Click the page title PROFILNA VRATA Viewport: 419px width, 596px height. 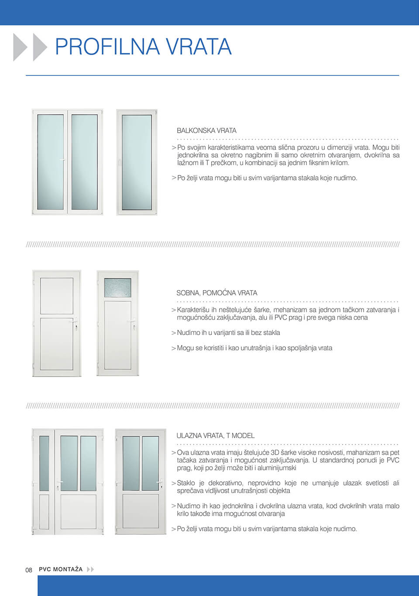143,47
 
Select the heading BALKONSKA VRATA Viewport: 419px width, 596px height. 206,130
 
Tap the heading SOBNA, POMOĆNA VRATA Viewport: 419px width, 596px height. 216,293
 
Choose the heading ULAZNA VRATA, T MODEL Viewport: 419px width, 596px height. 215,435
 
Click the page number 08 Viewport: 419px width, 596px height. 29,570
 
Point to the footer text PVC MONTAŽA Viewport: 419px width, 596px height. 61,569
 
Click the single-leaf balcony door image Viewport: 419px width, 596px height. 137,162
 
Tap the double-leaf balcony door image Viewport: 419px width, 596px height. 67,162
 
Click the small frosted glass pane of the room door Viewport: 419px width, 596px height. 117,288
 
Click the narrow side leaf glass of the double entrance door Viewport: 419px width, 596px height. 44,463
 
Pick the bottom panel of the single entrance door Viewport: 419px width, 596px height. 141,511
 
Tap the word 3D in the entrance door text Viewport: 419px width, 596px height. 275,452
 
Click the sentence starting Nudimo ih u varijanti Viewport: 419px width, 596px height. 228,332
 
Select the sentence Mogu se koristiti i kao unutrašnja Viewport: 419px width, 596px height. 254,348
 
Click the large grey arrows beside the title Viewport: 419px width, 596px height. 30,47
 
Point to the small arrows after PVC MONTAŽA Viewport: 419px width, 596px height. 90,569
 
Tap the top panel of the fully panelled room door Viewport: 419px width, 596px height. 57,296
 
